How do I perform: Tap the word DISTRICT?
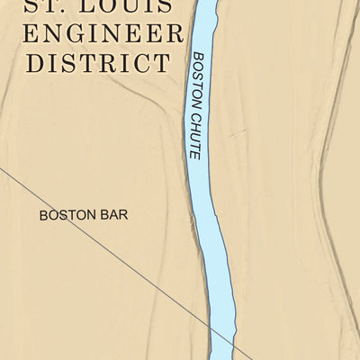[98, 64]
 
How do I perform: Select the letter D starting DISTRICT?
[37, 64]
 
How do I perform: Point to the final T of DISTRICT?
[160, 64]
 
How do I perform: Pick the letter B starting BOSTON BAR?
[43, 215]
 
